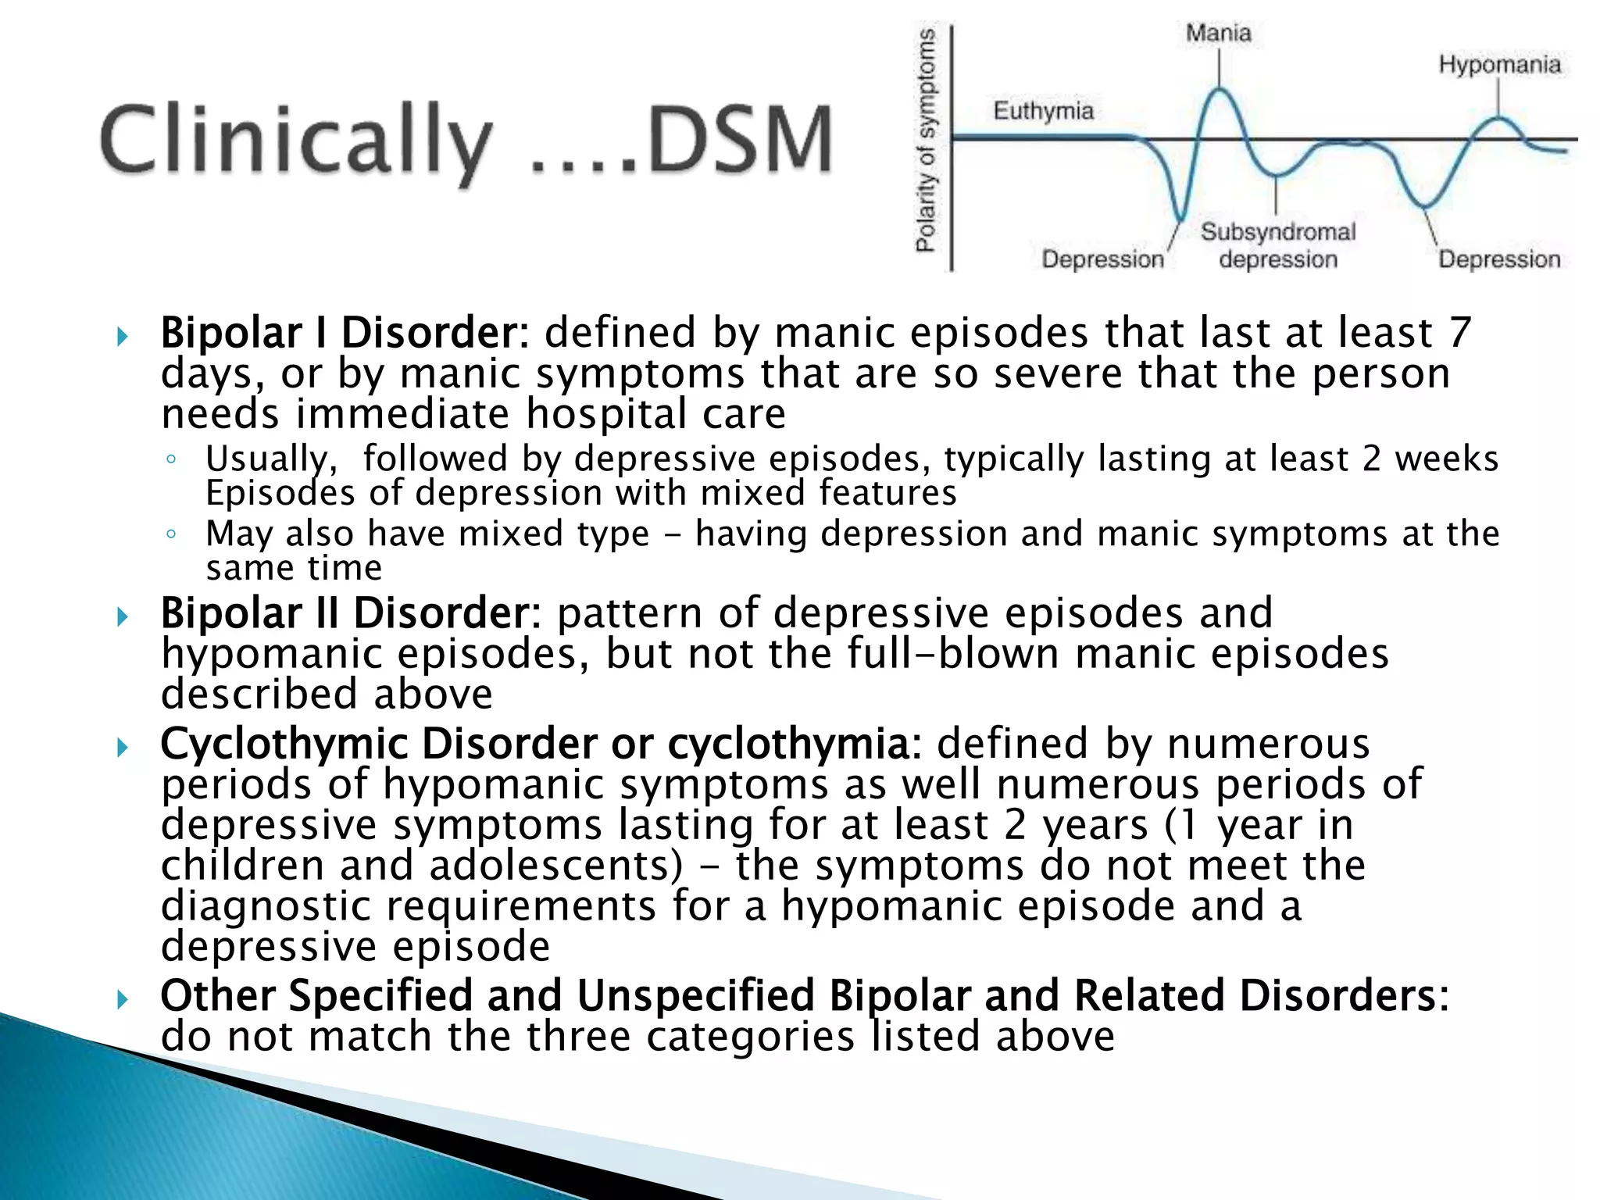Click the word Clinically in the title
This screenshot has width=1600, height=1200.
tap(297, 141)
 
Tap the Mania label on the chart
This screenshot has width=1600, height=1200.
tap(1218, 33)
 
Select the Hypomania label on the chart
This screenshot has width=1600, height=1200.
tap(1499, 64)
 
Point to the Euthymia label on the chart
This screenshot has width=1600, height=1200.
tap(1043, 111)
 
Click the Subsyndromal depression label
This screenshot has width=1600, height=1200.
tap(1278, 245)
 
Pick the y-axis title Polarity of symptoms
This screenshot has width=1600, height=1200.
tap(926, 141)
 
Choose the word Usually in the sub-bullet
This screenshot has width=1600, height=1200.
tap(271, 459)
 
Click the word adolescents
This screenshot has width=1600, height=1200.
tap(556, 866)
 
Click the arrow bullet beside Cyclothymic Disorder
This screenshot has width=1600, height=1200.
tap(123, 748)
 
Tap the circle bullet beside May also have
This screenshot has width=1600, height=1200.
tap(171, 534)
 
